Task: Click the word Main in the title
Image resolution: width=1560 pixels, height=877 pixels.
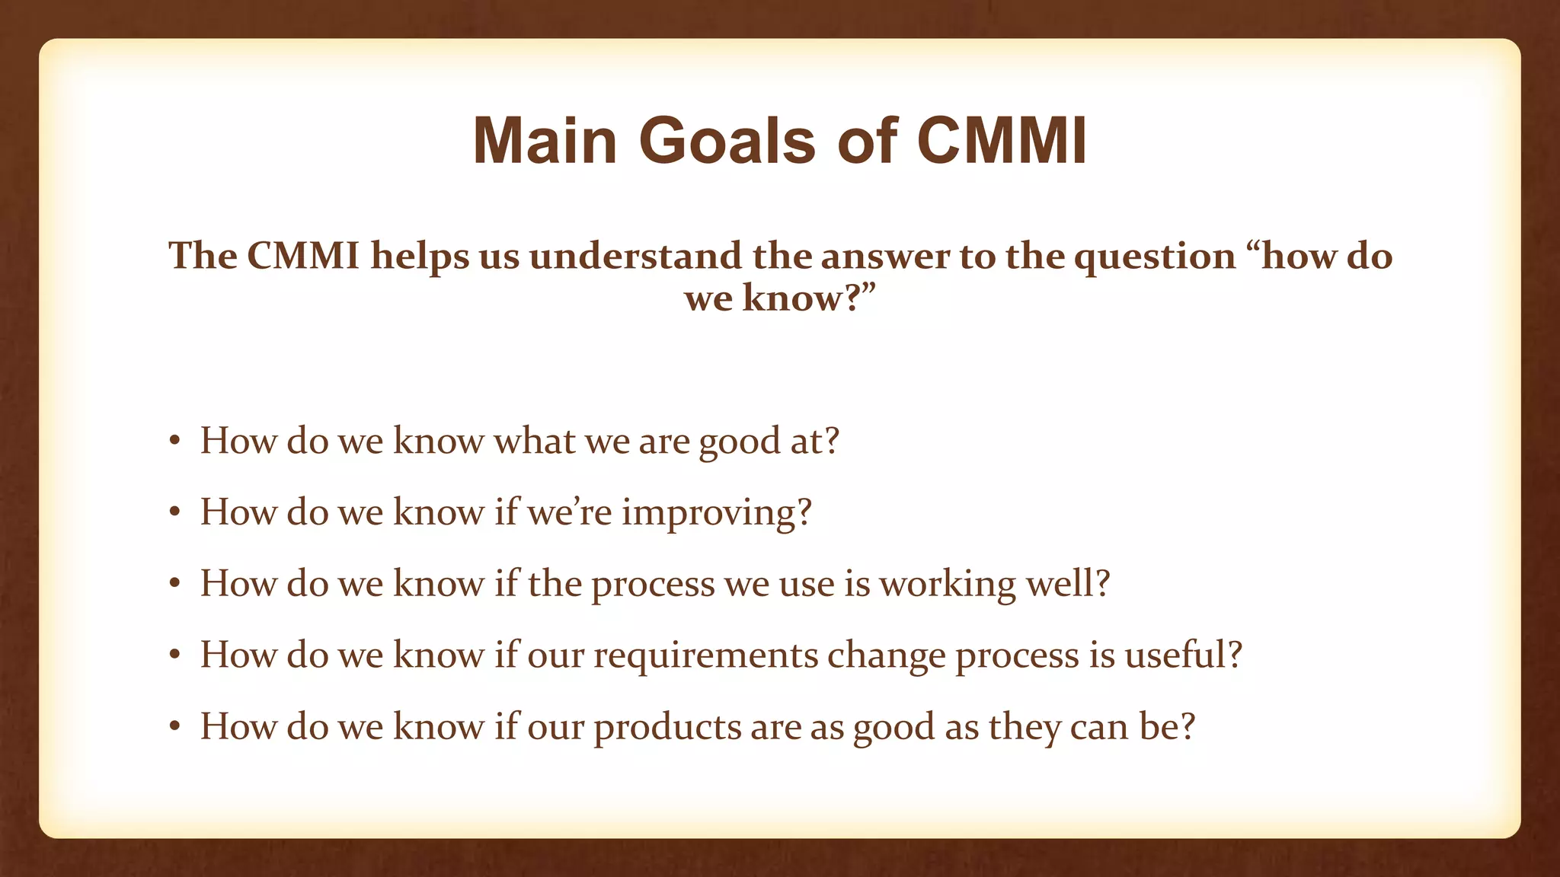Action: [545, 142]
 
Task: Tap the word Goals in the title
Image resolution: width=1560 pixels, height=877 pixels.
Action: [727, 142]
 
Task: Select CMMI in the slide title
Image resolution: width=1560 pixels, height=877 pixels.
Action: [1001, 142]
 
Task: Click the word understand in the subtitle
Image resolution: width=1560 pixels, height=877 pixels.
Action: [635, 256]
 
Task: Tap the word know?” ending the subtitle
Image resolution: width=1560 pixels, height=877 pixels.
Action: [810, 298]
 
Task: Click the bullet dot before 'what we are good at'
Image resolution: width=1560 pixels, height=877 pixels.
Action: [174, 442]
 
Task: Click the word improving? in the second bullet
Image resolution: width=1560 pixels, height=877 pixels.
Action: [717, 513]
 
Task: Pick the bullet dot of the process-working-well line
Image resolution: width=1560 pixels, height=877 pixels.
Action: [174, 585]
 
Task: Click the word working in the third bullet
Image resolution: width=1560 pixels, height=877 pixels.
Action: [947, 585]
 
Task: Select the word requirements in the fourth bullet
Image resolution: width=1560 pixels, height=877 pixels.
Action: [705, 656]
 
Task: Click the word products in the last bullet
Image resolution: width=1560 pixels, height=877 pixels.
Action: [667, 728]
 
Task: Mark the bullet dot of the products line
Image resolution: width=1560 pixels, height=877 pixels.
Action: [174, 728]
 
